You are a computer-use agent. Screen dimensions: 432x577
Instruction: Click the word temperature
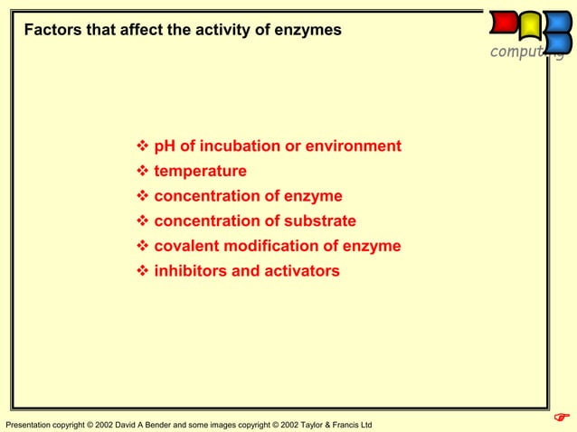click(x=200, y=172)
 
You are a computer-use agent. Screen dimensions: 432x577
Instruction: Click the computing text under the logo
click(x=525, y=52)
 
